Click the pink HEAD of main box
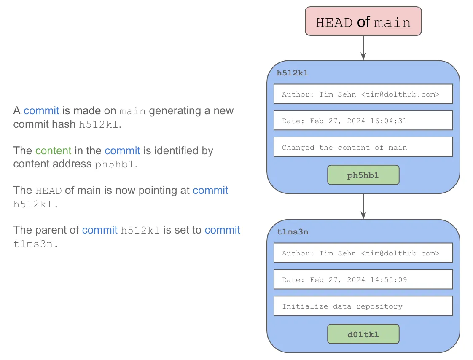coord(363,21)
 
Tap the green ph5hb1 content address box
coord(363,175)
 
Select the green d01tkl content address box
coord(363,334)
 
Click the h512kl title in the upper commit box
coord(292,73)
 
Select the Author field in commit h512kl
coord(363,94)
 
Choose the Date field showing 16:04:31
coord(363,121)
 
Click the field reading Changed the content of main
coord(363,147)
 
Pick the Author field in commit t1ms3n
coord(363,253)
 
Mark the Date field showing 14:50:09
coord(363,279)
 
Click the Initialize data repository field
coord(363,306)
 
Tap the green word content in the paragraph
coord(53,150)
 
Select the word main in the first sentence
coord(132,111)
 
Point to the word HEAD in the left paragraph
coord(48,191)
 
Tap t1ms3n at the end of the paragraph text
coord(35,244)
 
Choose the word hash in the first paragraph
coord(64,124)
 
